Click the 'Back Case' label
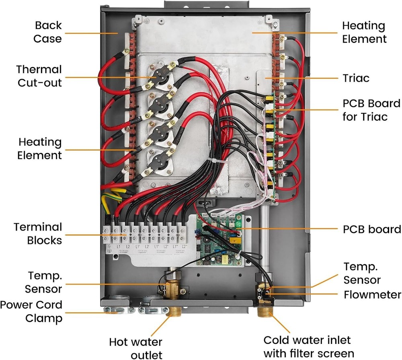[47, 32]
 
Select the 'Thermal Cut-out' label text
[39, 76]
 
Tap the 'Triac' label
[355, 78]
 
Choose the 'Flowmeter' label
[372, 295]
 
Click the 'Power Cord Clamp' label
[31, 311]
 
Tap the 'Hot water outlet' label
[136, 348]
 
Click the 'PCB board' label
[372, 229]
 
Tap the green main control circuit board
[221, 241]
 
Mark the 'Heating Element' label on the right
[364, 32]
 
